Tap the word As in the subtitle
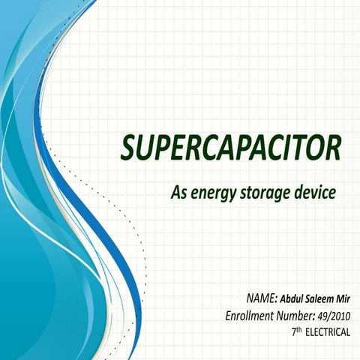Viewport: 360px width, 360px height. coord(178,193)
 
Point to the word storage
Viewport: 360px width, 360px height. coord(265,193)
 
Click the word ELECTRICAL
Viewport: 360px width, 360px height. coord(327,331)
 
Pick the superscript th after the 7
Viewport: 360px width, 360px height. coord(298,328)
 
